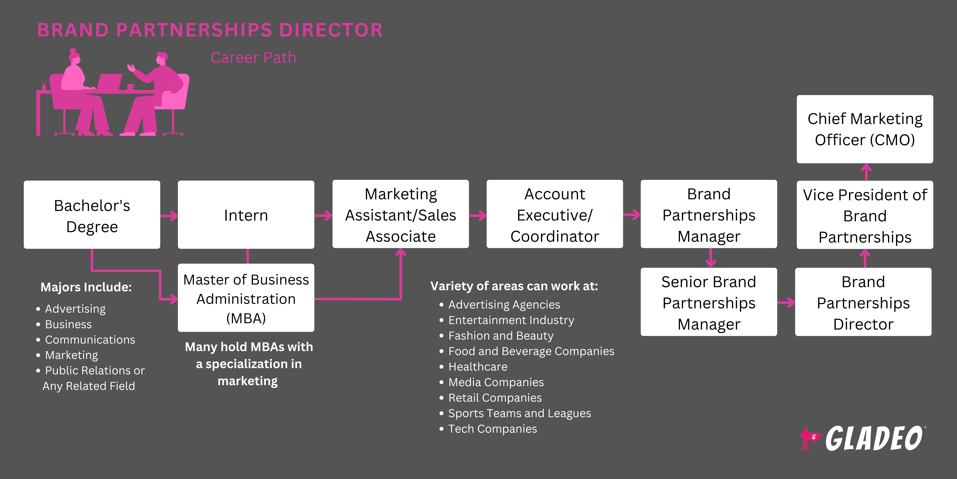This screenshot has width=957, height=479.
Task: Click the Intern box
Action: pos(246,215)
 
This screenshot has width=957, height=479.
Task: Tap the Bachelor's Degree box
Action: pos(92,215)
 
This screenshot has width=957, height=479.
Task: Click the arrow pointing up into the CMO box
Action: pos(866,172)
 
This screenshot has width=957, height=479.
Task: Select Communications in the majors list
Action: pos(90,340)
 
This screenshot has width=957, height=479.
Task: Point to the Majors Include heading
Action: pos(86,287)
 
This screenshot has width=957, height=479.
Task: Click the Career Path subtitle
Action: pos(253,58)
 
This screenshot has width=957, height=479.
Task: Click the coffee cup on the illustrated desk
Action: pos(130,87)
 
